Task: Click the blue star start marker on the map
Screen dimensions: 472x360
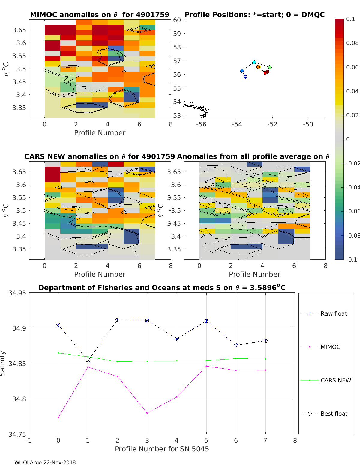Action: (245, 76)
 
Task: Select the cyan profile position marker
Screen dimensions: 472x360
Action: (254, 62)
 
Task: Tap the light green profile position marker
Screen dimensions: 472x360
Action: (270, 67)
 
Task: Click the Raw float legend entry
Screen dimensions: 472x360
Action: (334, 313)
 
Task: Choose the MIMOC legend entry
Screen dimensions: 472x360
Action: (330, 347)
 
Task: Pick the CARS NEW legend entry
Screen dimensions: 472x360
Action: (335, 380)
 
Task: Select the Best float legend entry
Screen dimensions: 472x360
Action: (334, 414)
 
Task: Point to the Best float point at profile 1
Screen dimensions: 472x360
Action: (88, 361)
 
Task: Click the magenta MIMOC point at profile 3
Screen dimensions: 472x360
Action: (147, 413)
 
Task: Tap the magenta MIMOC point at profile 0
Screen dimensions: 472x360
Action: (58, 417)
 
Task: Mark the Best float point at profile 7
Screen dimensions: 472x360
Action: (265, 341)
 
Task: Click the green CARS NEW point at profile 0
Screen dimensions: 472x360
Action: (58, 353)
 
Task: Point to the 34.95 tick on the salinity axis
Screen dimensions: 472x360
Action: (17, 293)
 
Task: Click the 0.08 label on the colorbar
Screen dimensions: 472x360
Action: (352, 43)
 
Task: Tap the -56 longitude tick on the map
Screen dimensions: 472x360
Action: (201, 124)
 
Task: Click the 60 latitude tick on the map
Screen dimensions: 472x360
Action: (177, 20)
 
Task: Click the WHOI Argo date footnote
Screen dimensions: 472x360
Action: (45, 462)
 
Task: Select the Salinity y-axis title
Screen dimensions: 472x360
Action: (3, 363)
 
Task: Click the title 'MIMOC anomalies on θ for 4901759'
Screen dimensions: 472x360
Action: (100, 15)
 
